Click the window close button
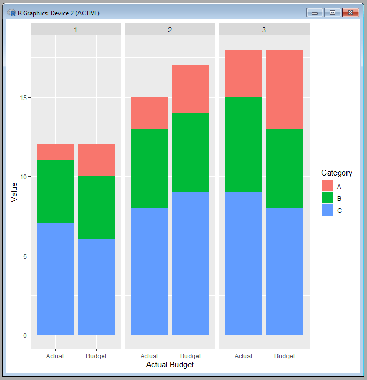350,13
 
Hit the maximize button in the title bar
332,13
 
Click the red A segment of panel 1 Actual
55,152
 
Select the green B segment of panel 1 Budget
96,208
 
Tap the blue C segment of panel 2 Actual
150,271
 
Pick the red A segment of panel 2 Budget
191,89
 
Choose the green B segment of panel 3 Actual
244,144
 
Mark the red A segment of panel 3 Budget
285,89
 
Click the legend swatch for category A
327,186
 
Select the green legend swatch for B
327,198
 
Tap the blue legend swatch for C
327,210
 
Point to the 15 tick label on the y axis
23,98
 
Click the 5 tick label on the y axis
25,256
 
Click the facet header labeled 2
170,30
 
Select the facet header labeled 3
264,30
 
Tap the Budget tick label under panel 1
96,356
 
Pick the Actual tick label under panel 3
243,356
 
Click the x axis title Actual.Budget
170,365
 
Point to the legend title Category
336,173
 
